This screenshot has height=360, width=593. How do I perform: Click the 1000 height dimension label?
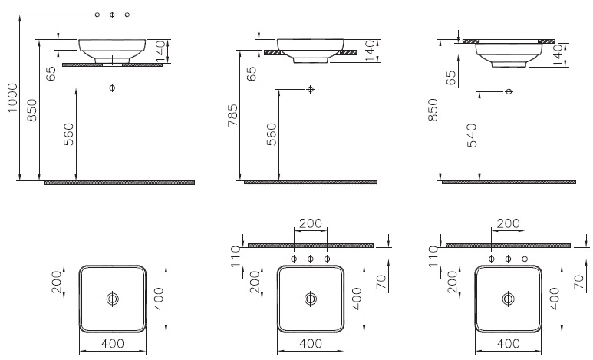tap(12, 97)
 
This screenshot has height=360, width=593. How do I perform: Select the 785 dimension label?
tap(232, 115)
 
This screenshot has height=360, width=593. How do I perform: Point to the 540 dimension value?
tap(472, 135)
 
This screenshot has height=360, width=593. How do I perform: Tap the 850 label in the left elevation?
tap(32, 111)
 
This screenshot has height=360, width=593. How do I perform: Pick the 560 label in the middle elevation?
tap(272, 134)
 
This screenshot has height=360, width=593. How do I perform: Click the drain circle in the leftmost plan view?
tap(112, 299)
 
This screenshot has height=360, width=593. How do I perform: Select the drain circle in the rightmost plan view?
tap(508, 299)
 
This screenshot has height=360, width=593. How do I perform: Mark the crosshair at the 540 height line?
tap(509, 91)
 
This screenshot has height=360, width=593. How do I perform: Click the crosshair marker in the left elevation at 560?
tap(112, 88)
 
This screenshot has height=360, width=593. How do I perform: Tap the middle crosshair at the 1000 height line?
tap(112, 15)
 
